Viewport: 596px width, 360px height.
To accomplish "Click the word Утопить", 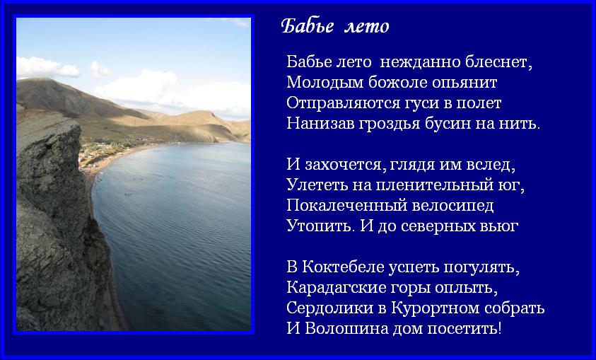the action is [318, 226].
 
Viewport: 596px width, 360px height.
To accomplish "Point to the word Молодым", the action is [325, 83].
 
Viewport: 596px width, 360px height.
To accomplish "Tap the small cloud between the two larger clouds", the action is [100, 69].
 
